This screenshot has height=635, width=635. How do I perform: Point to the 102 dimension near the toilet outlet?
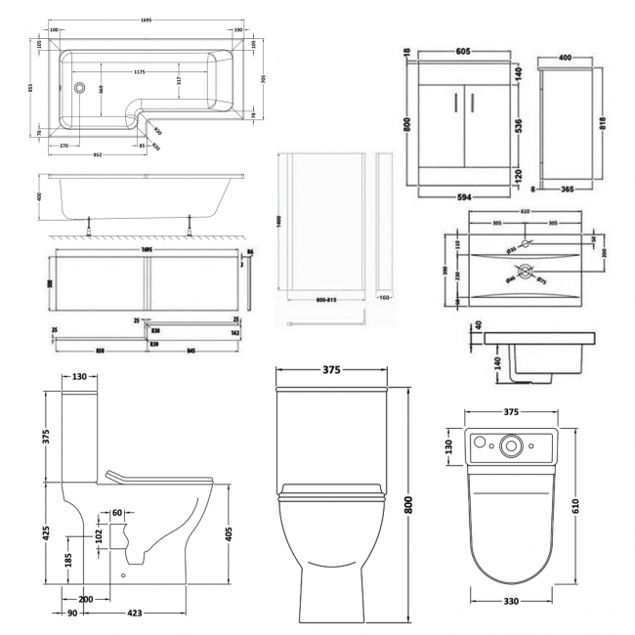click(101, 535)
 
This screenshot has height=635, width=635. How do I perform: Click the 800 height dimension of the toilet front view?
click(408, 504)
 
